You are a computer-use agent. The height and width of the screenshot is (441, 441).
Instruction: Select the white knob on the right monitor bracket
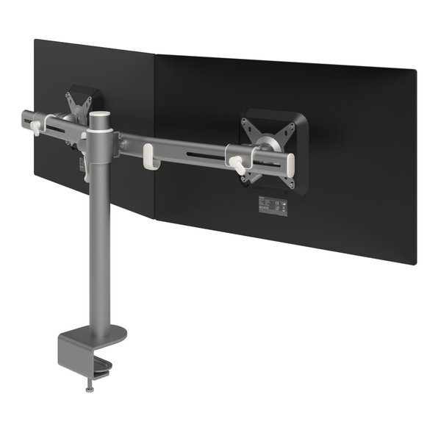(236, 162)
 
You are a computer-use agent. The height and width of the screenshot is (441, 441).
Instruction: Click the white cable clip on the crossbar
(147, 154)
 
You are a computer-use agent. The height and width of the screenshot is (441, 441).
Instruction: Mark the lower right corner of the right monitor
(417, 264)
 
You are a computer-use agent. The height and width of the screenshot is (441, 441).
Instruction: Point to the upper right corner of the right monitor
(415, 72)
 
